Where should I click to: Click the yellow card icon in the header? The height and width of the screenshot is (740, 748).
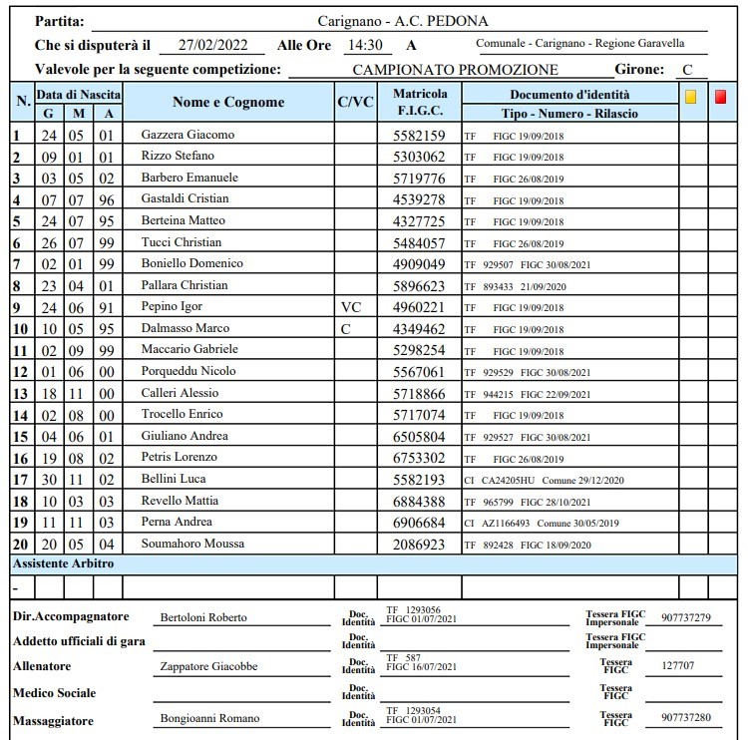[690, 97]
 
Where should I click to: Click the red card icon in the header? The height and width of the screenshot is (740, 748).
[721, 97]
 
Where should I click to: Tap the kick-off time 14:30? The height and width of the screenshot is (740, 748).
[365, 45]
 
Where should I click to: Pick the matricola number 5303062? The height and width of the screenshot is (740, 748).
[419, 157]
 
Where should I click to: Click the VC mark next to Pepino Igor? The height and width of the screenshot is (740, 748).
[350, 307]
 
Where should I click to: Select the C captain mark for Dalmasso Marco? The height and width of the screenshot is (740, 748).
[345, 329]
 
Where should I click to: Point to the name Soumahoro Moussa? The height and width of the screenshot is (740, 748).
[192, 544]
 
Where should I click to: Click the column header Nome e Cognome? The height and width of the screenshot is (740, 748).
[228, 103]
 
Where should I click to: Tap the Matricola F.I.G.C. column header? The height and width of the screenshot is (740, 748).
[419, 103]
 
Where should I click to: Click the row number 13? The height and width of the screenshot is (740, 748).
[20, 394]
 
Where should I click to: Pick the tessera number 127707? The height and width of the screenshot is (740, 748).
[678, 665]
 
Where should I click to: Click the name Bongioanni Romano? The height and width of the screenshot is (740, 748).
[209, 718]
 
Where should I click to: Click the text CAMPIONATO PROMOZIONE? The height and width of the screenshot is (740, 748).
[456, 71]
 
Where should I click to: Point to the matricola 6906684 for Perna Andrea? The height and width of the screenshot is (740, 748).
[419, 523]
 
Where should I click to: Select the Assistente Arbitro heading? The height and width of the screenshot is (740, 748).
[64, 563]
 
